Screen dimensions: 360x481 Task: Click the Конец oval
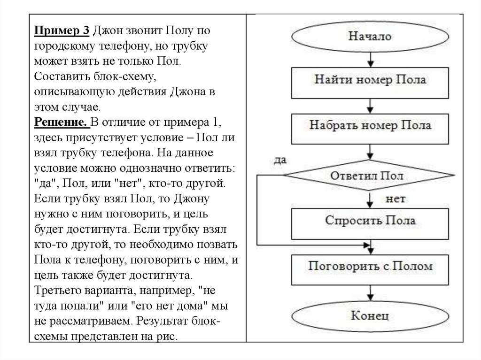(370, 315)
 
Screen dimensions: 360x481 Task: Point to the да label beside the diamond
(280, 160)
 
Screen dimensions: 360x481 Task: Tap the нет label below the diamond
(395, 199)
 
